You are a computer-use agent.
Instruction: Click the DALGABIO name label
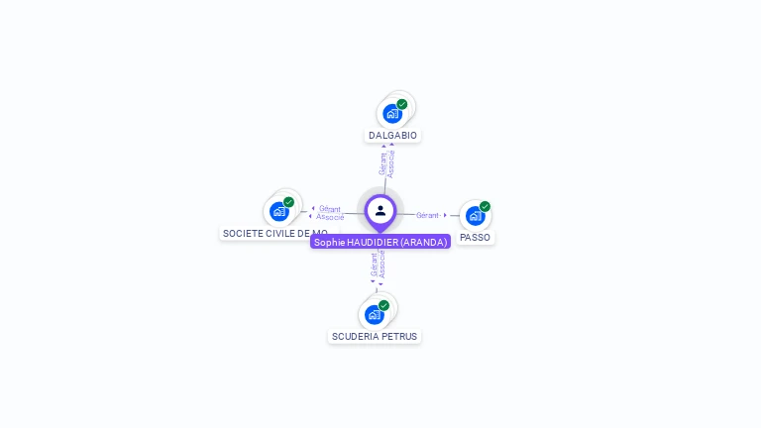393,135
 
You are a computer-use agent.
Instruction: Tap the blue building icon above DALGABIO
391,114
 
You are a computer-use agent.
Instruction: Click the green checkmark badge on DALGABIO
402,104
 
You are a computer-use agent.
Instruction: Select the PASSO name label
476,237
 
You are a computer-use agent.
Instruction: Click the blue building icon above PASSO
475,215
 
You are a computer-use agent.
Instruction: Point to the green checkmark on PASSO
485,206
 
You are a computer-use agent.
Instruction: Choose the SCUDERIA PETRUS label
375,336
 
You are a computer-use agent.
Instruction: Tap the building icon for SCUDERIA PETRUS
374,315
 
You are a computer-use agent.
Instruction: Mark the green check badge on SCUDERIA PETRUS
383,305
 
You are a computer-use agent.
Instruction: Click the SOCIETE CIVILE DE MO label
274,233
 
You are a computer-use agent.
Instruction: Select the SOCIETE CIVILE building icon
278,211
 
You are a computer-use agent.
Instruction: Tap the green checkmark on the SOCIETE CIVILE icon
288,202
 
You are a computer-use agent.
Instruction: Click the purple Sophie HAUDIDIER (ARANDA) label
380,242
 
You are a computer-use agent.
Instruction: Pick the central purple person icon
380,210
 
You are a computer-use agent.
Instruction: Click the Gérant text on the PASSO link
427,215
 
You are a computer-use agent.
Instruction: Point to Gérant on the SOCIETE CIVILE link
330,209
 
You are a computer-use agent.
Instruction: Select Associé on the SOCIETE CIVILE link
330,217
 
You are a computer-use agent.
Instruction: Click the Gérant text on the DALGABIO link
383,163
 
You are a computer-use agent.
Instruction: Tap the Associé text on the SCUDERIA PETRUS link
381,265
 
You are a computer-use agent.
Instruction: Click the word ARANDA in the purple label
424,242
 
